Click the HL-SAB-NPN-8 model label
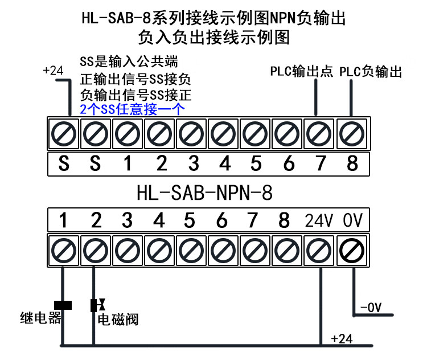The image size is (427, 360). (x=204, y=193)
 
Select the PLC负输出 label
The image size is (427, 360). (x=371, y=72)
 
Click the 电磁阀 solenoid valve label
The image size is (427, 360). (x=118, y=320)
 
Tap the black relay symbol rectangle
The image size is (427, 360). (x=63, y=305)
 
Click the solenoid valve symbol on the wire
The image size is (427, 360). (x=95, y=305)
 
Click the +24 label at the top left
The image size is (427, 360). (x=52, y=71)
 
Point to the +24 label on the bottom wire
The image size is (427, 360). (x=342, y=339)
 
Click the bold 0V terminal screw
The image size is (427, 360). (x=352, y=249)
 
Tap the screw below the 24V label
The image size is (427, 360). (x=320, y=249)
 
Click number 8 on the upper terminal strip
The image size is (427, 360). (x=352, y=163)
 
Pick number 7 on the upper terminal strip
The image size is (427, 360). (x=321, y=163)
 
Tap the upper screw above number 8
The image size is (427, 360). (x=352, y=134)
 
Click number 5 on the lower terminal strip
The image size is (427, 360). (x=190, y=220)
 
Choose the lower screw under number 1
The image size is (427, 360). (x=63, y=249)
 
